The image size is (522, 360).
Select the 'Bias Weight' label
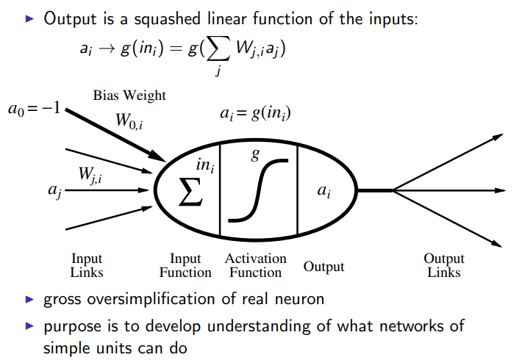(129, 96)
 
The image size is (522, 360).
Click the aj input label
(54, 192)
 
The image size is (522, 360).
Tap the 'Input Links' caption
(87, 265)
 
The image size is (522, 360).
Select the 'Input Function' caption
(185, 265)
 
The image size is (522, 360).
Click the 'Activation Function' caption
(256, 265)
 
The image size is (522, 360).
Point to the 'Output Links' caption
(443, 265)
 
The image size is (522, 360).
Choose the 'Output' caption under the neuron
(324, 266)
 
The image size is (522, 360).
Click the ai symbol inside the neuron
(323, 191)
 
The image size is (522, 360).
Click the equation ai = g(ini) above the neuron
(256, 113)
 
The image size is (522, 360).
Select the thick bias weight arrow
(118, 136)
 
